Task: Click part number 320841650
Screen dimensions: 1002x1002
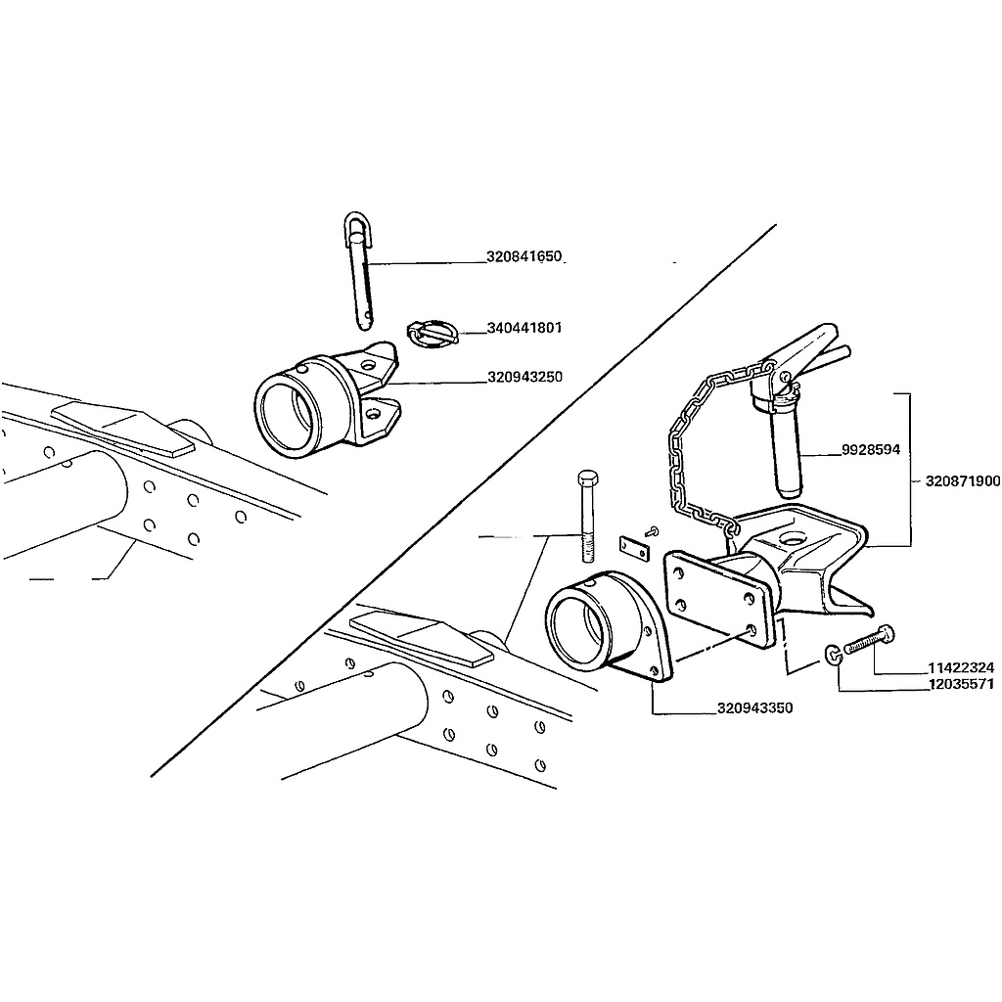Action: [524, 256]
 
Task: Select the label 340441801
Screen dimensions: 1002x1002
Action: [524, 328]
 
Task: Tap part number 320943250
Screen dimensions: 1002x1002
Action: [524, 377]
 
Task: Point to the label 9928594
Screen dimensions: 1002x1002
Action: [870, 450]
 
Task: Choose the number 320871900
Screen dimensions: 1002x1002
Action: [963, 481]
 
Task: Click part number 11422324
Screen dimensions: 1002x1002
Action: [961, 667]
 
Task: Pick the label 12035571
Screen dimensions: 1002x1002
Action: [961, 684]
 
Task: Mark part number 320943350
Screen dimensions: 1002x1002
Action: [754, 708]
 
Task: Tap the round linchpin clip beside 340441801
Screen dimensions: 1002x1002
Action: [432, 334]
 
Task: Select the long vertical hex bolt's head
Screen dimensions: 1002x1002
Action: [587, 478]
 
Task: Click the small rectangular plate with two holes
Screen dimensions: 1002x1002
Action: [634, 546]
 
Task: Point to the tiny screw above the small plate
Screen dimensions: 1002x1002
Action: [653, 530]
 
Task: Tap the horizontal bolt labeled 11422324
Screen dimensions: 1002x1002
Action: [870, 640]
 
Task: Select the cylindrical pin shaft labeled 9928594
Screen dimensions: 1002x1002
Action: [787, 450]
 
